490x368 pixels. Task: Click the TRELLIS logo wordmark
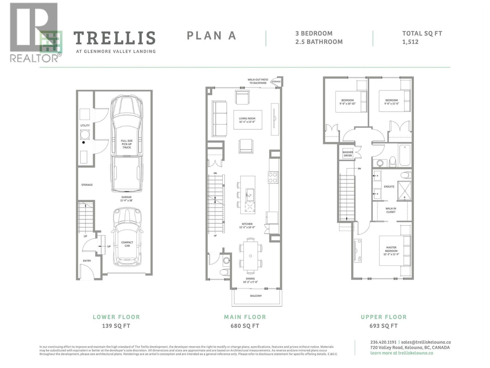(x=114, y=38)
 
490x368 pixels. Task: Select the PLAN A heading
(x=211, y=36)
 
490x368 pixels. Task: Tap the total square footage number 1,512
(x=410, y=42)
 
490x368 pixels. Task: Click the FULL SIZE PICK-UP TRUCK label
(x=126, y=144)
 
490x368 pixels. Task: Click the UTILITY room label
(x=85, y=125)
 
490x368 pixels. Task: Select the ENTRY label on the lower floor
(x=87, y=261)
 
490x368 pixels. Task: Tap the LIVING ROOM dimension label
(x=247, y=120)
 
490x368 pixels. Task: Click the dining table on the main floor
(x=251, y=256)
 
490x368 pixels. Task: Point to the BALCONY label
(x=256, y=296)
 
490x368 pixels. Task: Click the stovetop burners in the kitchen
(x=273, y=177)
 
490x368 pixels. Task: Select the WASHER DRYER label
(x=348, y=154)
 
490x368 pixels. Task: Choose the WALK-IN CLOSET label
(x=390, y=210)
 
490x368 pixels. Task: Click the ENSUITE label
(x=389, y=186)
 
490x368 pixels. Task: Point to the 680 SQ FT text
(x=245, y=326)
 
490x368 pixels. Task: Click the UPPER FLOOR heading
(x=383, y=317)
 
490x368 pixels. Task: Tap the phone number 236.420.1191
(x=383, y=342)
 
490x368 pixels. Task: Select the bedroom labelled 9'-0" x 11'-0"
(x=391, y=102)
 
